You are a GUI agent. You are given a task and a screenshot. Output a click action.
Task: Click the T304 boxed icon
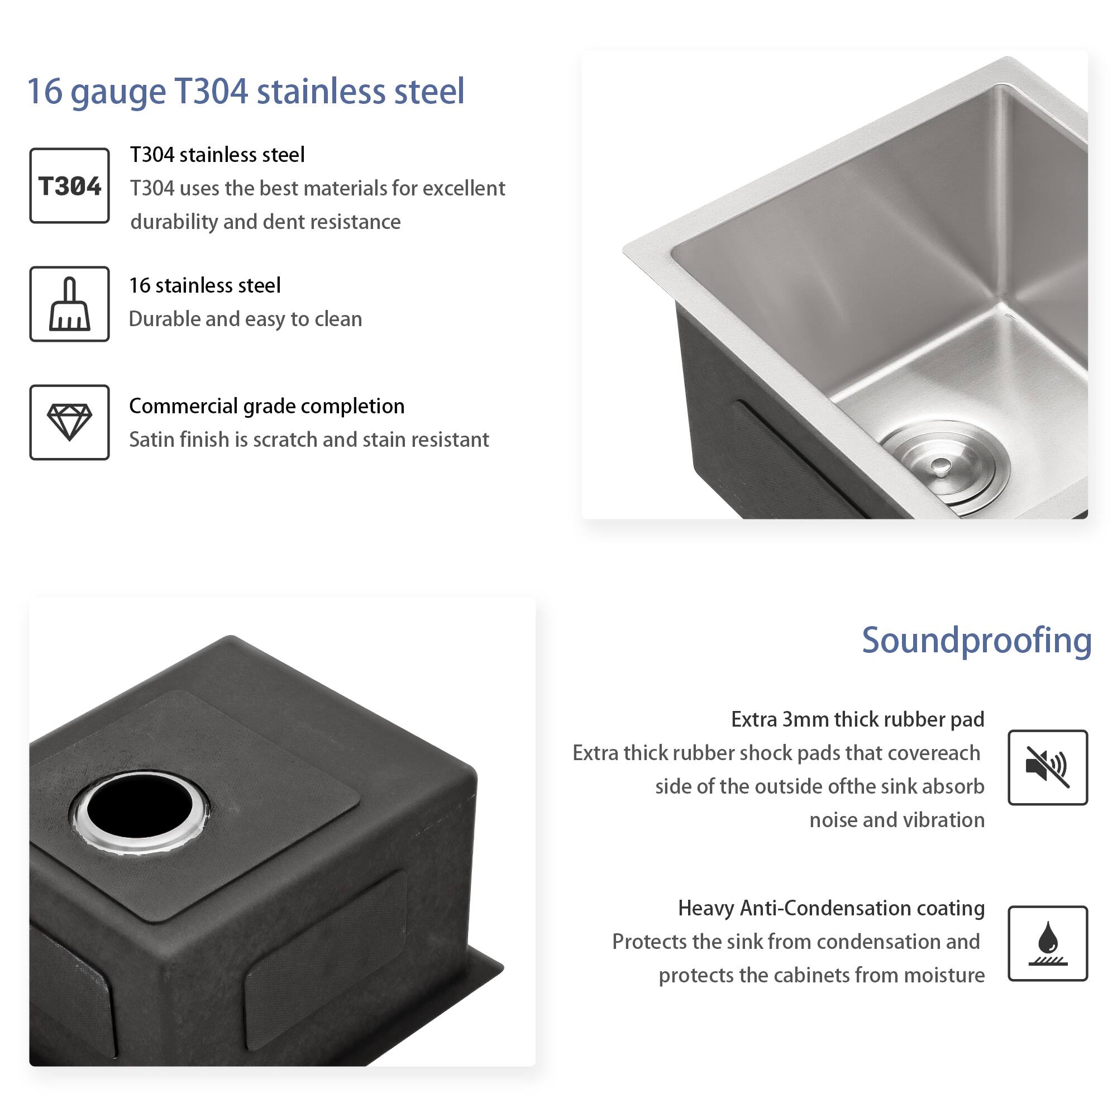tap(69, 185)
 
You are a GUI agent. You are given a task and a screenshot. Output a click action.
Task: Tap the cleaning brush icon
tap(69, 304)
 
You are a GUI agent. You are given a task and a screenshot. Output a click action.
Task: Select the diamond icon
tap(69, 422)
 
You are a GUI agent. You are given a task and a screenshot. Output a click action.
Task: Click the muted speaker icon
tap(1047, 767)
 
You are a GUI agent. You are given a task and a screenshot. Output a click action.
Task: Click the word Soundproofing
tap(976, 641)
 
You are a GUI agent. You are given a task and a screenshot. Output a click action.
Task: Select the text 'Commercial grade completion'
tap(266, 407)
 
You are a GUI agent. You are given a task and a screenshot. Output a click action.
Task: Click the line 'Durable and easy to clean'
tap(245, 319)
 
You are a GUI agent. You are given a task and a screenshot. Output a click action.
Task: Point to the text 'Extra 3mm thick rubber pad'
tap(857, 720)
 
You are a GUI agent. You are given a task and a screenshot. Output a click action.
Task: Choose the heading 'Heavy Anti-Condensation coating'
tap(831, 908)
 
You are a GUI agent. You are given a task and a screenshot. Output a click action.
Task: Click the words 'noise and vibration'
tap(896, 820)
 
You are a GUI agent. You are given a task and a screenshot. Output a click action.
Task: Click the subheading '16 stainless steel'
tap(204, 285)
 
